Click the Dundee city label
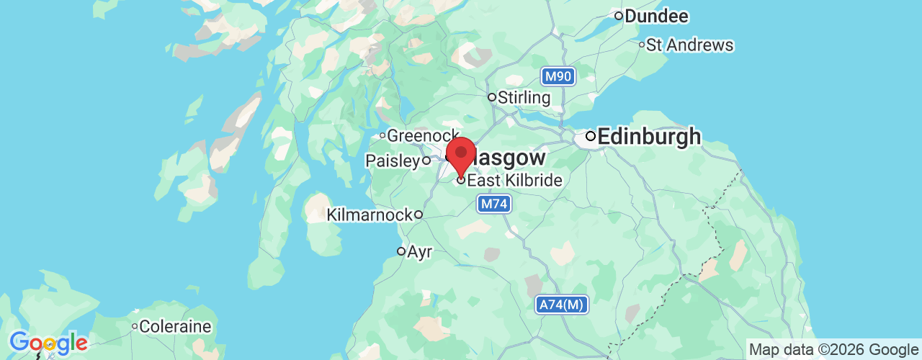656,16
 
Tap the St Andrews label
689,45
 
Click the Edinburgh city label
649,136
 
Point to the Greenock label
423,135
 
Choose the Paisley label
393,161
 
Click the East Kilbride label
514,180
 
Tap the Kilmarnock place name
370,215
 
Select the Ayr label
420,252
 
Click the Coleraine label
176,327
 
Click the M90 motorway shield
558,76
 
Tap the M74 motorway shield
495,204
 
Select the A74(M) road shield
562,305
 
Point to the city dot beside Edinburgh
590,135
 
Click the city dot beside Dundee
618,16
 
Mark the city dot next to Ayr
401,251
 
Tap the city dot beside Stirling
492,97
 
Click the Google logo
48,343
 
